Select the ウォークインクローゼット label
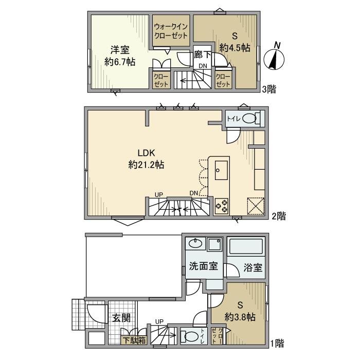pos(172,30)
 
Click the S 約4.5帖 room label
pos(235,42)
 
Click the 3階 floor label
pos(268,89)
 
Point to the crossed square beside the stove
pos(256,206)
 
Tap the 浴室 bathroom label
pos(253,268)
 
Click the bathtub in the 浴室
pos(246,248)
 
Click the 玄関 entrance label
pos(121,318)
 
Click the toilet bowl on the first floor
pos(190,337)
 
